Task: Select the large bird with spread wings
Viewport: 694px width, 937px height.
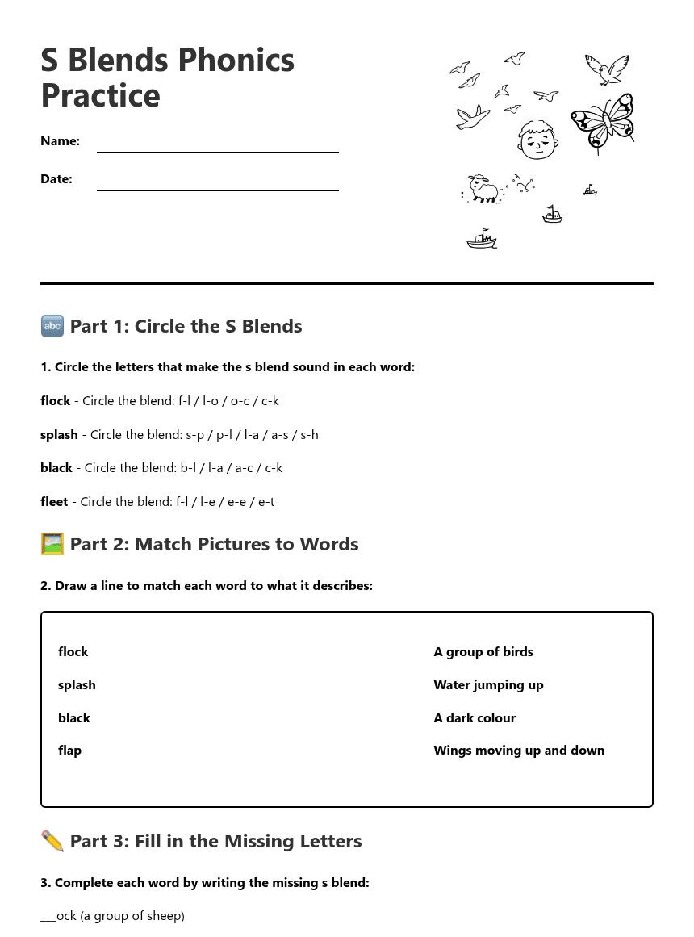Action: point(606,69)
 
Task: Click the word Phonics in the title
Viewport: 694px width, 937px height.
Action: point(236,61)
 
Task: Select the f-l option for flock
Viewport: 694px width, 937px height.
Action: point(184,401)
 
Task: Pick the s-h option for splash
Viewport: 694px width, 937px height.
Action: point(309,435)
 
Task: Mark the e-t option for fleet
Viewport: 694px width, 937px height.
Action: point(265,502)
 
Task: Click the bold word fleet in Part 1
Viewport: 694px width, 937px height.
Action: point(54,502)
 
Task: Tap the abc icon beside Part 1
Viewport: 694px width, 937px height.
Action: point(52,326)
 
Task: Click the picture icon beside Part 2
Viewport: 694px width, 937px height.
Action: point(52,544)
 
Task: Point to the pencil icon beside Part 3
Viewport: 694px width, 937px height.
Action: point(52,841)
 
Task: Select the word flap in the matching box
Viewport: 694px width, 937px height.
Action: point(70,751)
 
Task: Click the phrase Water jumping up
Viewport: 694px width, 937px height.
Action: point(488,685)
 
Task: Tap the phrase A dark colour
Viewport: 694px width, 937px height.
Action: point(475,718)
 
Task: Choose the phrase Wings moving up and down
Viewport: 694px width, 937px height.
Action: point(519,751)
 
